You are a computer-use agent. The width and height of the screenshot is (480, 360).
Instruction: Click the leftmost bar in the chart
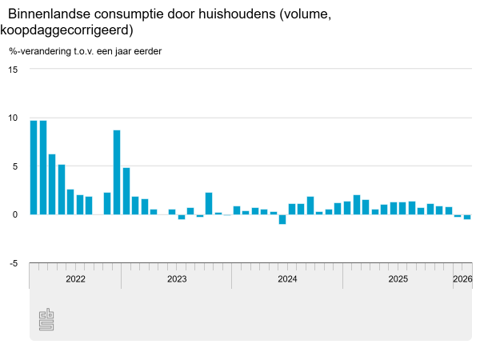pos(34,167)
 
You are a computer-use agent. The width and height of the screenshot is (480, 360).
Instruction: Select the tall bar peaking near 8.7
pos(117,172)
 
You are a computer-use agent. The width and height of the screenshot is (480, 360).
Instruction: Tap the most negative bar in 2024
pos(282,219)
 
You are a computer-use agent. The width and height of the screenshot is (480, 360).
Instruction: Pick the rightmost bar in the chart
pos(467,217)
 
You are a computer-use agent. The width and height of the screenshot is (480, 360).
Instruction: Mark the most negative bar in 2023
pos(182,217)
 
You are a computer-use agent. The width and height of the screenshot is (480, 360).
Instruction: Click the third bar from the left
pos(52,184)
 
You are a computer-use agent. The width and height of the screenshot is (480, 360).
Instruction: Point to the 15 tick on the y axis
pos(12,69)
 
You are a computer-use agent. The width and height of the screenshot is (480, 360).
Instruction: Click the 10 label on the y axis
pos(12,118)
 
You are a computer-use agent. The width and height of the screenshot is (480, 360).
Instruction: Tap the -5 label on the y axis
pos(12,263)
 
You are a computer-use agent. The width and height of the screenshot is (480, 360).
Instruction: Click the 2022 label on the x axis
pos(75,279)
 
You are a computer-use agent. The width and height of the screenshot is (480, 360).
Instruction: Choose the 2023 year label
pos(177,279)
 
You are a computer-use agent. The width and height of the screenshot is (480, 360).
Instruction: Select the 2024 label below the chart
pos(287,279)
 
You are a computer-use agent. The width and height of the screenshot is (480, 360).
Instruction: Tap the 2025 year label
pos(398,279)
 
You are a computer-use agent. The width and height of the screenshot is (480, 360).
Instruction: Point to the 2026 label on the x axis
pos(462,279)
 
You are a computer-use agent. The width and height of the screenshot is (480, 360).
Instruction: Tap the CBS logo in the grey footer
pos(46,320)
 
